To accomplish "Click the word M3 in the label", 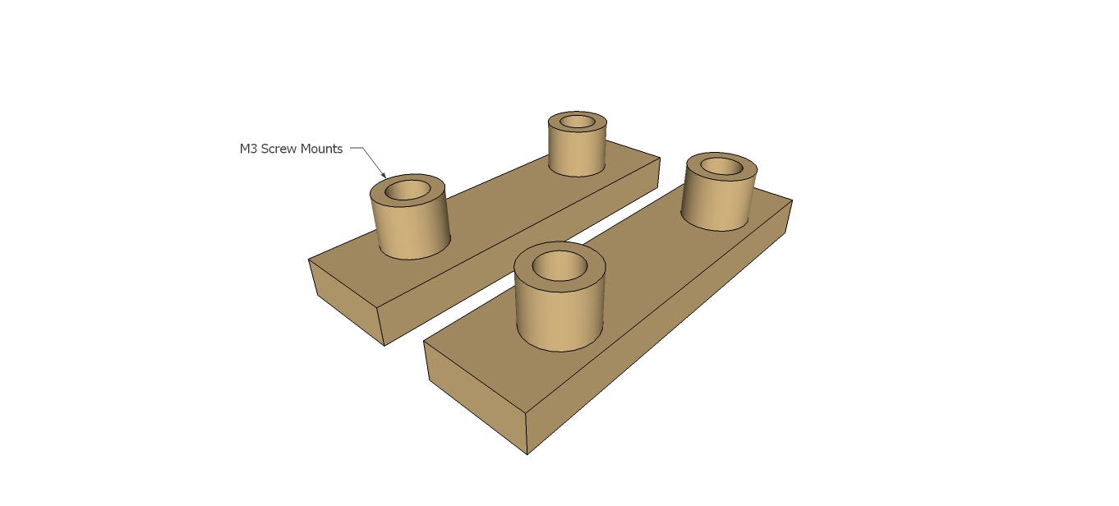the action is [248, 149].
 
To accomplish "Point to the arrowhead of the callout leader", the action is [385, 176].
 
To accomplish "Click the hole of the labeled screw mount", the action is [408, 191].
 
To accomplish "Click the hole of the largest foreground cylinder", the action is [559, 265].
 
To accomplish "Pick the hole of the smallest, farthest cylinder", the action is [577, 122].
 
